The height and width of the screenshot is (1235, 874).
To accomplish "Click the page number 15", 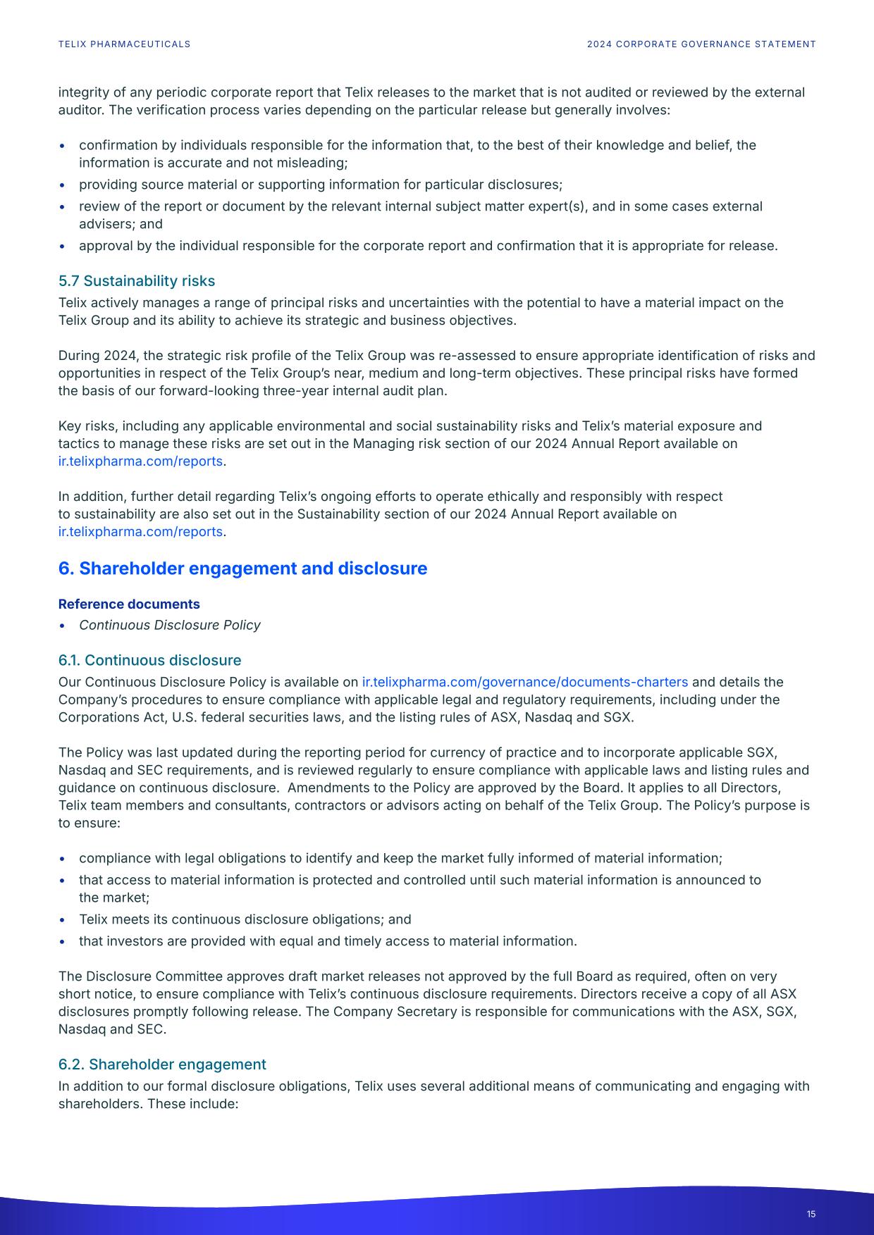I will (x=811, y=1214).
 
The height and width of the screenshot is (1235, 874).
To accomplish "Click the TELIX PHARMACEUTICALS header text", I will (x=124, y=44).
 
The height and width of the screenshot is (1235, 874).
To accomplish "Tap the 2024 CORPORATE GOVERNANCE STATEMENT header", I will (x=701, y=44).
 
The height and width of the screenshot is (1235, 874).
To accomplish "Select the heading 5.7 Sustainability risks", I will (x=137, y=281).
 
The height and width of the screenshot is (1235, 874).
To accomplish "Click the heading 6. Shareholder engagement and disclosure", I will (x=242, y=569).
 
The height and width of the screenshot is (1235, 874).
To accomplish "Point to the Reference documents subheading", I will (x=129, y=604).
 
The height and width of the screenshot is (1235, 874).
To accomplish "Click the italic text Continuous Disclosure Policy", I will (x=169, y=626).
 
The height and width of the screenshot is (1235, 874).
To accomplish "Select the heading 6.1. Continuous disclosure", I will (x=149, y=661).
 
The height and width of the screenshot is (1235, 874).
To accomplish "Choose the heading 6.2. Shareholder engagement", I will (x=162, y=1065).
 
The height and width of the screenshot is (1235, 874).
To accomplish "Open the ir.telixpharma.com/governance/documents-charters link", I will (x=524, y=683).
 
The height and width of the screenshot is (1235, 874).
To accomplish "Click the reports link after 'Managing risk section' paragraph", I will (x=140, y=461).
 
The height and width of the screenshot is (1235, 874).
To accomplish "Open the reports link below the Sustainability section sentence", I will (x=140, y=532).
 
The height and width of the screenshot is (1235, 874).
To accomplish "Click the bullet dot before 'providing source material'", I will (x=63, y=185).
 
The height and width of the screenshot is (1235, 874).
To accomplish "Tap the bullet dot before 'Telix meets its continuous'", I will (x=63, y=920).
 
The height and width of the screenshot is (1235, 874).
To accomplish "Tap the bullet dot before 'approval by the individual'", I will (x=63, y=247).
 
